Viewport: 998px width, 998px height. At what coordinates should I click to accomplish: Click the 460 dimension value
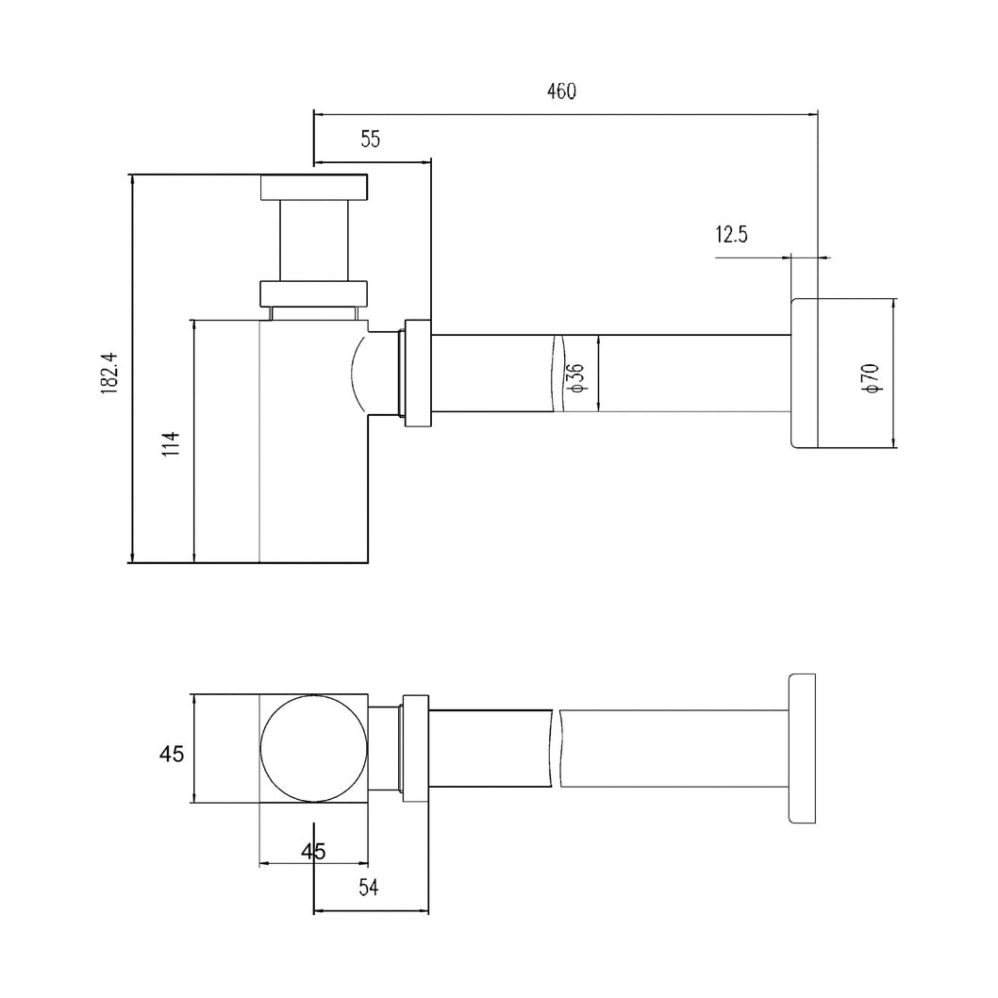pyautogui.click(x=560, y=91)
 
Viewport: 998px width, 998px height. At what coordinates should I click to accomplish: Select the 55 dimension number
pyautogui.click(x=370, y=139)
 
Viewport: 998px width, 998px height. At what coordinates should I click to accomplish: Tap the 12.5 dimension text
pyautogui.click(x=731, y=235)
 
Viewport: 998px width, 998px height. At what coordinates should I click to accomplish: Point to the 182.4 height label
pyautogui.click(x=108, y=373)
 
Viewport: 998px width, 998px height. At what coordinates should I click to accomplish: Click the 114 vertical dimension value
pyautogui.click(x=171, y=443)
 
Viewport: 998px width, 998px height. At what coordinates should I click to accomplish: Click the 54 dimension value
pyautogui.click(x=368, y=888)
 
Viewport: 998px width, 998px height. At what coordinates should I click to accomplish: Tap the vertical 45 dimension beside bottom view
pyautogui.click(x=172, y=754)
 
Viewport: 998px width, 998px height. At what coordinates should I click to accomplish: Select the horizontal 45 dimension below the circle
pyautogui.click(x=313, y=851)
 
